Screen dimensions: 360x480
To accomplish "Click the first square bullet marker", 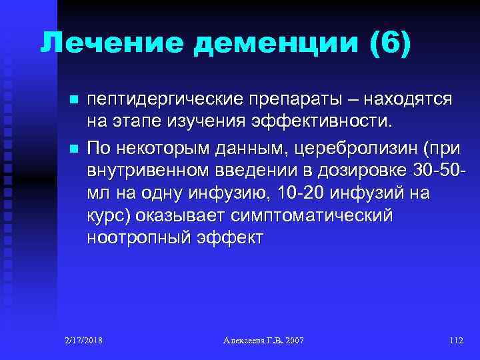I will pyautogui.click(x=73, y=101).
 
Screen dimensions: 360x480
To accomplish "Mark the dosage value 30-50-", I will pyautogui.click(x=437, y=170).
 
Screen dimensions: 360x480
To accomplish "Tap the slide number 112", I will pyautogui.click(x=456, y=341).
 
